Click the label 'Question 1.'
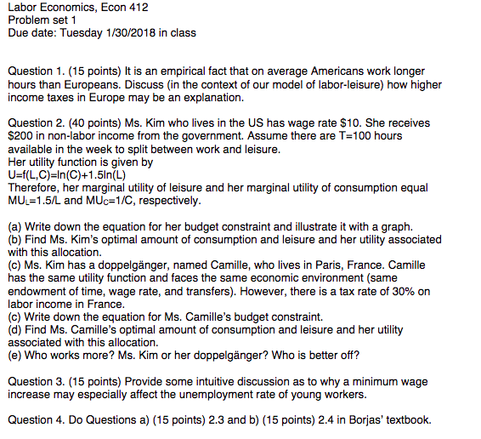(x=32, y=72)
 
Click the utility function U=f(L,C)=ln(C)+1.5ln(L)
(x=65, y=174)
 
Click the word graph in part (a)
(x=394, y=226)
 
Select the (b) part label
(x=14, y=239)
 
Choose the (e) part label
(x=14, y=355)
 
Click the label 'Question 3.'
(x=32, y=380)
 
